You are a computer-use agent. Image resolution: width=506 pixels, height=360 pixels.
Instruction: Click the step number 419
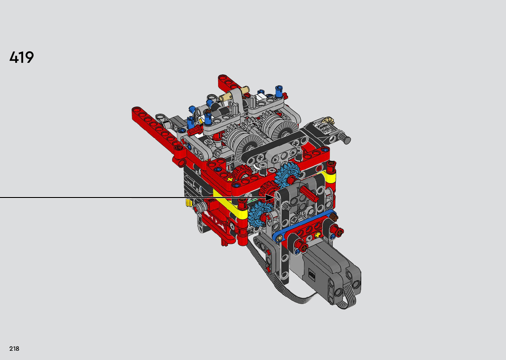22,57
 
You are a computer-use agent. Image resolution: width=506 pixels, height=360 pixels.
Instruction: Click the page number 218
14,348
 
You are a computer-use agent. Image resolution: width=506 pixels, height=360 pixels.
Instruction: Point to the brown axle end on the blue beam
333,218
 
